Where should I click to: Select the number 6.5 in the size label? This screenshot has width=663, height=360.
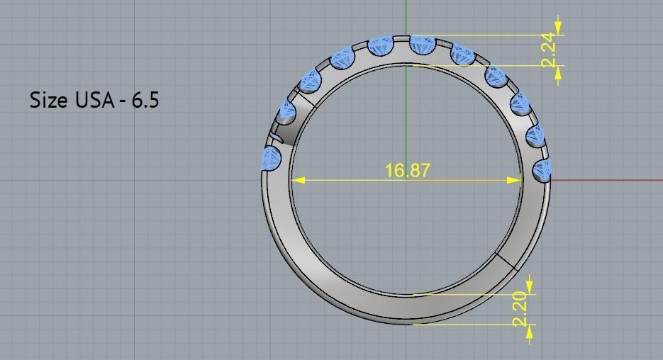click(x=144, y=100)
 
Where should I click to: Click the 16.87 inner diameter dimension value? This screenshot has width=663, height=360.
click(x=406, y=170)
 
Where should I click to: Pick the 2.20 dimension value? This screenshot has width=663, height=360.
click(x=521, y=309)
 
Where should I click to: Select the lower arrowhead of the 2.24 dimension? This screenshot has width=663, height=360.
click(x=559, y=72)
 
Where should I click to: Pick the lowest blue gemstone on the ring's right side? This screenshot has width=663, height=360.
click(x=542, y=170)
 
